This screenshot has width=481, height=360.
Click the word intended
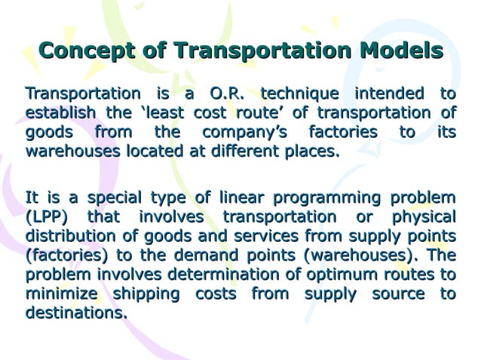click(x=389, y=94)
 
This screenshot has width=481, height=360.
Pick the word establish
click(x=60, y=113)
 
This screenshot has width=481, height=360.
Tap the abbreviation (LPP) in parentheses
click(x=48, y=218)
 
